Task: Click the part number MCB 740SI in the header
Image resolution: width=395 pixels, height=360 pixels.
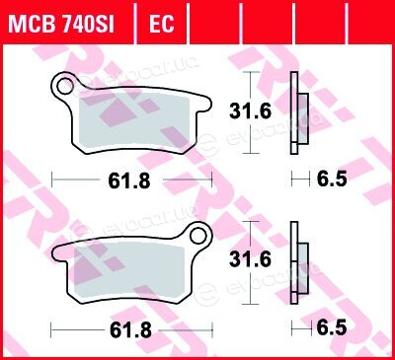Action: (x=61, y=24)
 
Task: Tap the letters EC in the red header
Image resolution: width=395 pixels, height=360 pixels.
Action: (x=161, y=24)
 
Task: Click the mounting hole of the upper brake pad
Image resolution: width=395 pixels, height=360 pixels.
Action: (x=65, y=86)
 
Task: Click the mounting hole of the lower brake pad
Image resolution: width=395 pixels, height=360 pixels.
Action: (x=198, y=236)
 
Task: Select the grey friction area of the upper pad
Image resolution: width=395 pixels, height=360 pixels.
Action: (x=134, y=120)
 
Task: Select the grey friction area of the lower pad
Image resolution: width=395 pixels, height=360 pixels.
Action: (x=129, y=269)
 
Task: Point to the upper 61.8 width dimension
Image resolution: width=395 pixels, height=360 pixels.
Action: (x=129, y=180)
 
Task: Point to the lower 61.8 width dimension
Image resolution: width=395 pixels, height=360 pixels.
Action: (x=130, y=329)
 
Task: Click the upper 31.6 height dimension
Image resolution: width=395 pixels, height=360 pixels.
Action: (x=251, y=111)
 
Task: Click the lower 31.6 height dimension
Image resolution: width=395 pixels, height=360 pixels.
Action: (x=251, y=259)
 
